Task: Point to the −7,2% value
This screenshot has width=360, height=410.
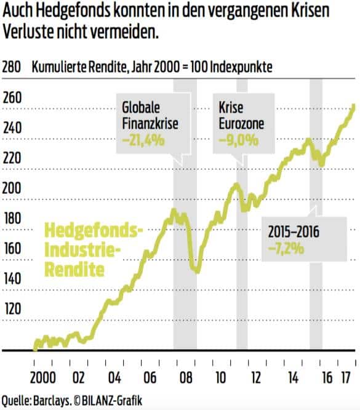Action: point(284,248)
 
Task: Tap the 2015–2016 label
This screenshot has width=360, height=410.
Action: point(297,233)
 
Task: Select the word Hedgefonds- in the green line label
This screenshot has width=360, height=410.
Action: point(94,233)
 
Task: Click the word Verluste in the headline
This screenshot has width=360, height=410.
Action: point(27,32)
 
